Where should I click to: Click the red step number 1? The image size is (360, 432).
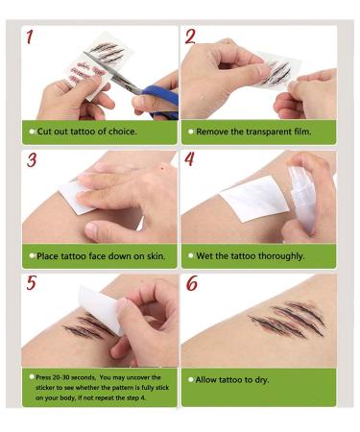30,36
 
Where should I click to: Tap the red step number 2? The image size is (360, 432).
190,36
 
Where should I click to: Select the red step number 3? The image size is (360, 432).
32,160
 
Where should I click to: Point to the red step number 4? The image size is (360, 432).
189,158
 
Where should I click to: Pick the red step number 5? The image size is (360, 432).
32,283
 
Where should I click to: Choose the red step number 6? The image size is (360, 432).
191,283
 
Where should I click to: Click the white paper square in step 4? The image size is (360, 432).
255,199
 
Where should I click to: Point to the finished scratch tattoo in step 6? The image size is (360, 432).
287,319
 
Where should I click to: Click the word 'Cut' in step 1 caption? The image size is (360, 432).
44,132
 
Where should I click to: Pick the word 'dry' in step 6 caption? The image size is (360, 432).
262,380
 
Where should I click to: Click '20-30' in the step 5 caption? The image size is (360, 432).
60,377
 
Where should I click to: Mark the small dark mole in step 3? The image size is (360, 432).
162,168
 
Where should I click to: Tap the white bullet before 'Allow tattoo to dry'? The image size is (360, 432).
191,380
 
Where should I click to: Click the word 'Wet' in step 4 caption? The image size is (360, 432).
204,256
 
